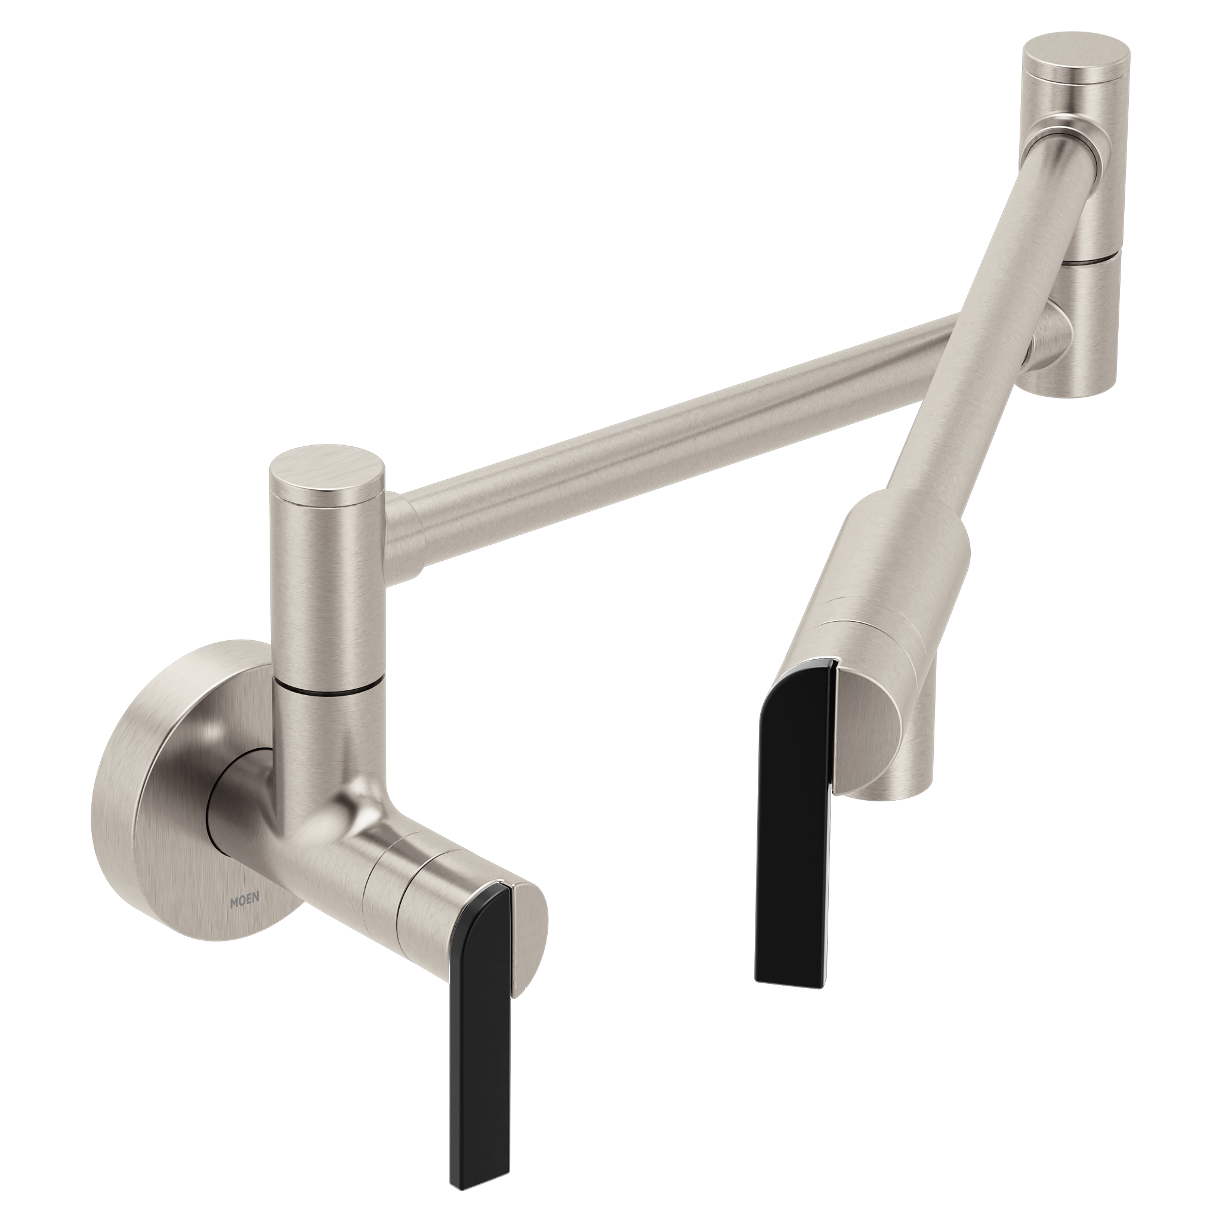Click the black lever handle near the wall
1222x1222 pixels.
coord(481,1037)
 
